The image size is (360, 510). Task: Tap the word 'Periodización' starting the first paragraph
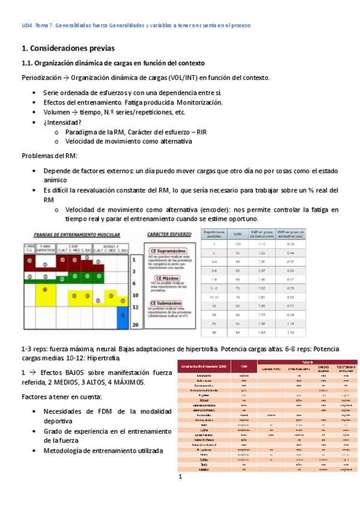[41, 78]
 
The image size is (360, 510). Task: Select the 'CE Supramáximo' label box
[171, 252]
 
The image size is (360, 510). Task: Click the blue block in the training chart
[123, 316]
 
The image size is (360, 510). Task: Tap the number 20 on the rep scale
[136, 324]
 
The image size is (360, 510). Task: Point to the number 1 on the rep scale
[135, 260]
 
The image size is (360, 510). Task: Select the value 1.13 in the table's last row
[291, 333]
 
